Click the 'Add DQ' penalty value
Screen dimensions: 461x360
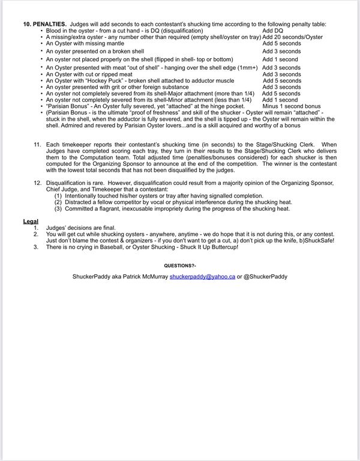pos(272,30)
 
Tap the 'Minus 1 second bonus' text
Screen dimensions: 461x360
pos(292,106)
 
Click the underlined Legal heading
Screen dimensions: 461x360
pos(31,221)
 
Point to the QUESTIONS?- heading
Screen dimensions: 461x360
pos(179,265)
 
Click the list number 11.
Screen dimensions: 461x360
pos(37,145)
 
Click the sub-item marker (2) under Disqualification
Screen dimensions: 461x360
pos(58,202)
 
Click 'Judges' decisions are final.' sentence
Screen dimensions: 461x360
pos(80,227)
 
